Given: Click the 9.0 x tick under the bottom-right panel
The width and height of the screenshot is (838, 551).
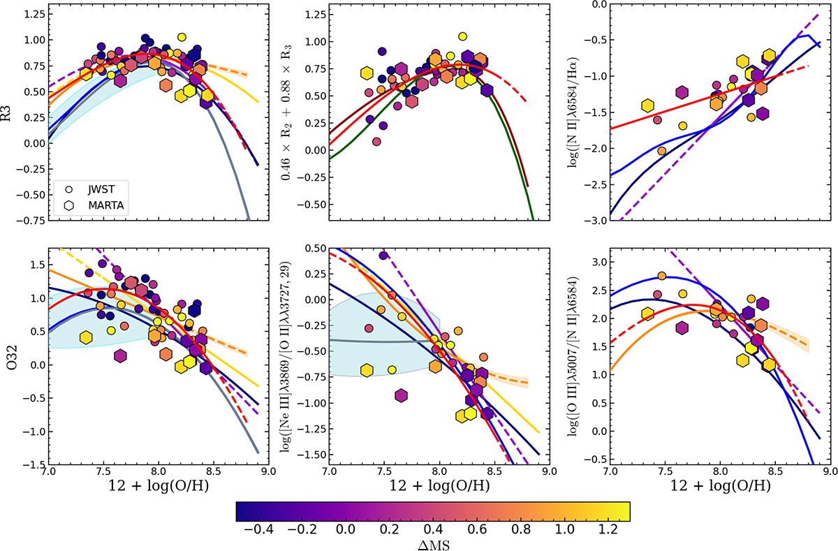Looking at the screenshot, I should click(829, 473).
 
